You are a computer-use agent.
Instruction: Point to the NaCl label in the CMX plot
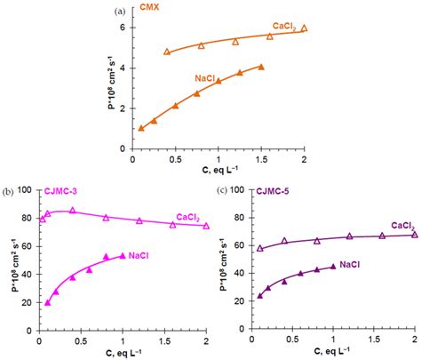click(207, 79)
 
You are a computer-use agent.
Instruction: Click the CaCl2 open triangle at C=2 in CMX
click(304, 28)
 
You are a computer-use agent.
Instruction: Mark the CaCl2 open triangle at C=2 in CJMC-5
click(415, 235)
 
